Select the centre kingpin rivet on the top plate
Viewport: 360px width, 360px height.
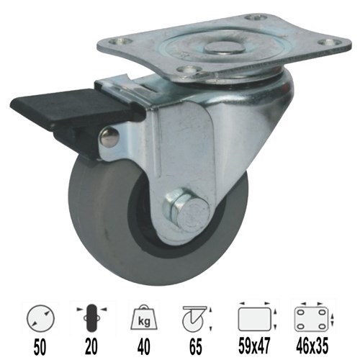pyautogui.click(x=225, y=48)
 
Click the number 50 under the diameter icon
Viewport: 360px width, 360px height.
pyautogui.click(x=40, y=346)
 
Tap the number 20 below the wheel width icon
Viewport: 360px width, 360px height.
pyautogui.click(x=91, y=346)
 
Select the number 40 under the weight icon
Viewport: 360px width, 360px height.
pyautogui.click(x=144, y=346)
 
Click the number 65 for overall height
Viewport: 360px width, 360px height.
pyautogui.click(x=195, y=346)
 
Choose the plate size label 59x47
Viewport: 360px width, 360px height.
pyautogui.click(x=254, y=346)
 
